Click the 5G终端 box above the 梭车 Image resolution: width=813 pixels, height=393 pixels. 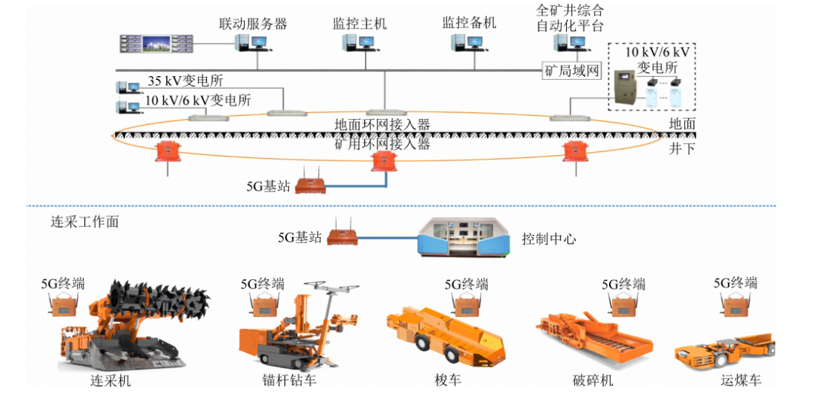(x=467, y=304)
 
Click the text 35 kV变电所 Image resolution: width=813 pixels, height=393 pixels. (x=185, y=81)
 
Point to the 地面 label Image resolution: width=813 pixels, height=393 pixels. (x=682, y=123)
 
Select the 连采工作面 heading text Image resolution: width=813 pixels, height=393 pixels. (x=84, y=222)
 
